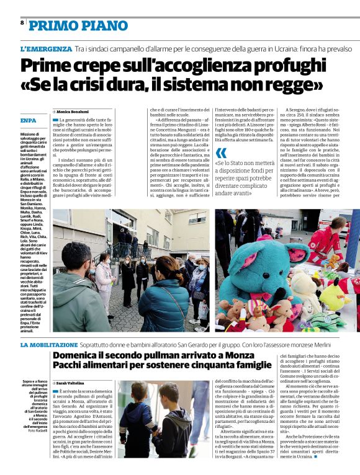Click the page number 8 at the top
22,22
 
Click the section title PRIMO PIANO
79,25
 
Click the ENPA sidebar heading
29,120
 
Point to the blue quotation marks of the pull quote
221,153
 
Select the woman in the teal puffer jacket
163,298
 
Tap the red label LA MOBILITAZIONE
49,344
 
